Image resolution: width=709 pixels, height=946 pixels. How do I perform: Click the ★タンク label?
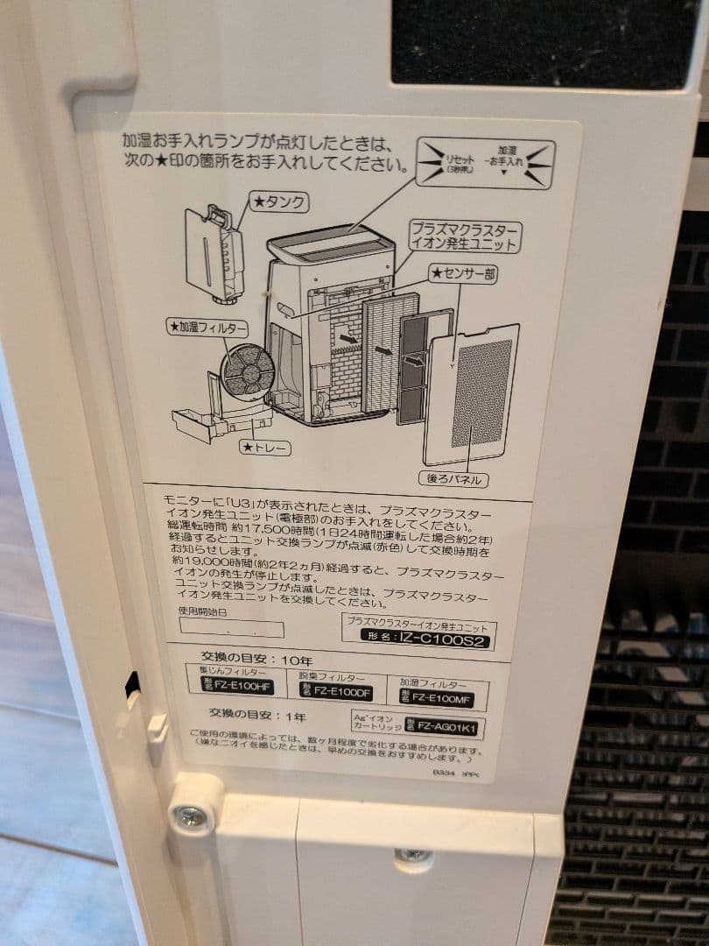(279, 202)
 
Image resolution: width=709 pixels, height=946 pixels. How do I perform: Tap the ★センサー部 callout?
(463, 274)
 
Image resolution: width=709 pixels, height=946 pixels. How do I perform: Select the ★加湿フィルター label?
(207, 328)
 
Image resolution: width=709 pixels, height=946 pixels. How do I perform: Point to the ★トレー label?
(266, 448)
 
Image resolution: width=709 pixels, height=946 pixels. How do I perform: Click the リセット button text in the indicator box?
(458, 162)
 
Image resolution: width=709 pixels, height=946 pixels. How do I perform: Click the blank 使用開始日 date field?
(231, 629)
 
